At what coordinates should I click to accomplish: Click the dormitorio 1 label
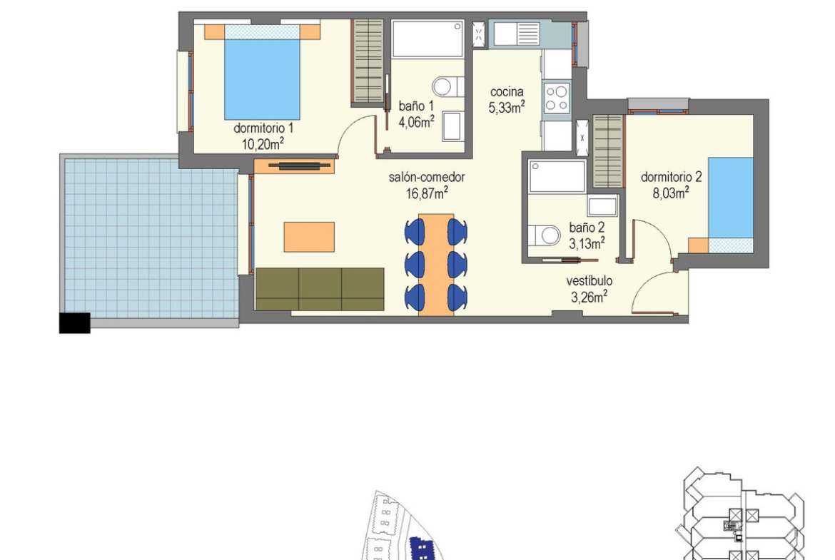[x=263, y=128]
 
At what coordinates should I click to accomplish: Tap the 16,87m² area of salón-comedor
[x=427, y=193]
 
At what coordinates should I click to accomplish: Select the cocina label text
[x=507, y=91]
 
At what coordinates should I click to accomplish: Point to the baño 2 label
[x=587, y=228]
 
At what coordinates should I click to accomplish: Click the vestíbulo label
[x=589, y=280]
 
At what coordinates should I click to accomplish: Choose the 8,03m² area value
[x=671, y=193]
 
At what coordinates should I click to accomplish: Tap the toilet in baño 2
[x=544, y=235]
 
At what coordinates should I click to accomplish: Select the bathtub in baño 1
[x=427, y=39]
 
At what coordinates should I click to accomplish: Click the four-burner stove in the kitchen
[x=557, y=98]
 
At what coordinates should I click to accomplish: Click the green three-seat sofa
[x=320, y=289]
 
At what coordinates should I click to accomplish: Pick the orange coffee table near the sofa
[x=309, y=237]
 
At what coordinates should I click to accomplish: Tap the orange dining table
[x=436, y=265]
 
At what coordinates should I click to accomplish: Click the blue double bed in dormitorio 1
[x=262, y=72]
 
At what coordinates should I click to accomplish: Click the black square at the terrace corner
[x=74, y=323]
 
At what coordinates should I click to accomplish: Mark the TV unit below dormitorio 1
[x=294, y=166]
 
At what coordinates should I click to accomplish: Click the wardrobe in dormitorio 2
[x=607, y=151]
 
